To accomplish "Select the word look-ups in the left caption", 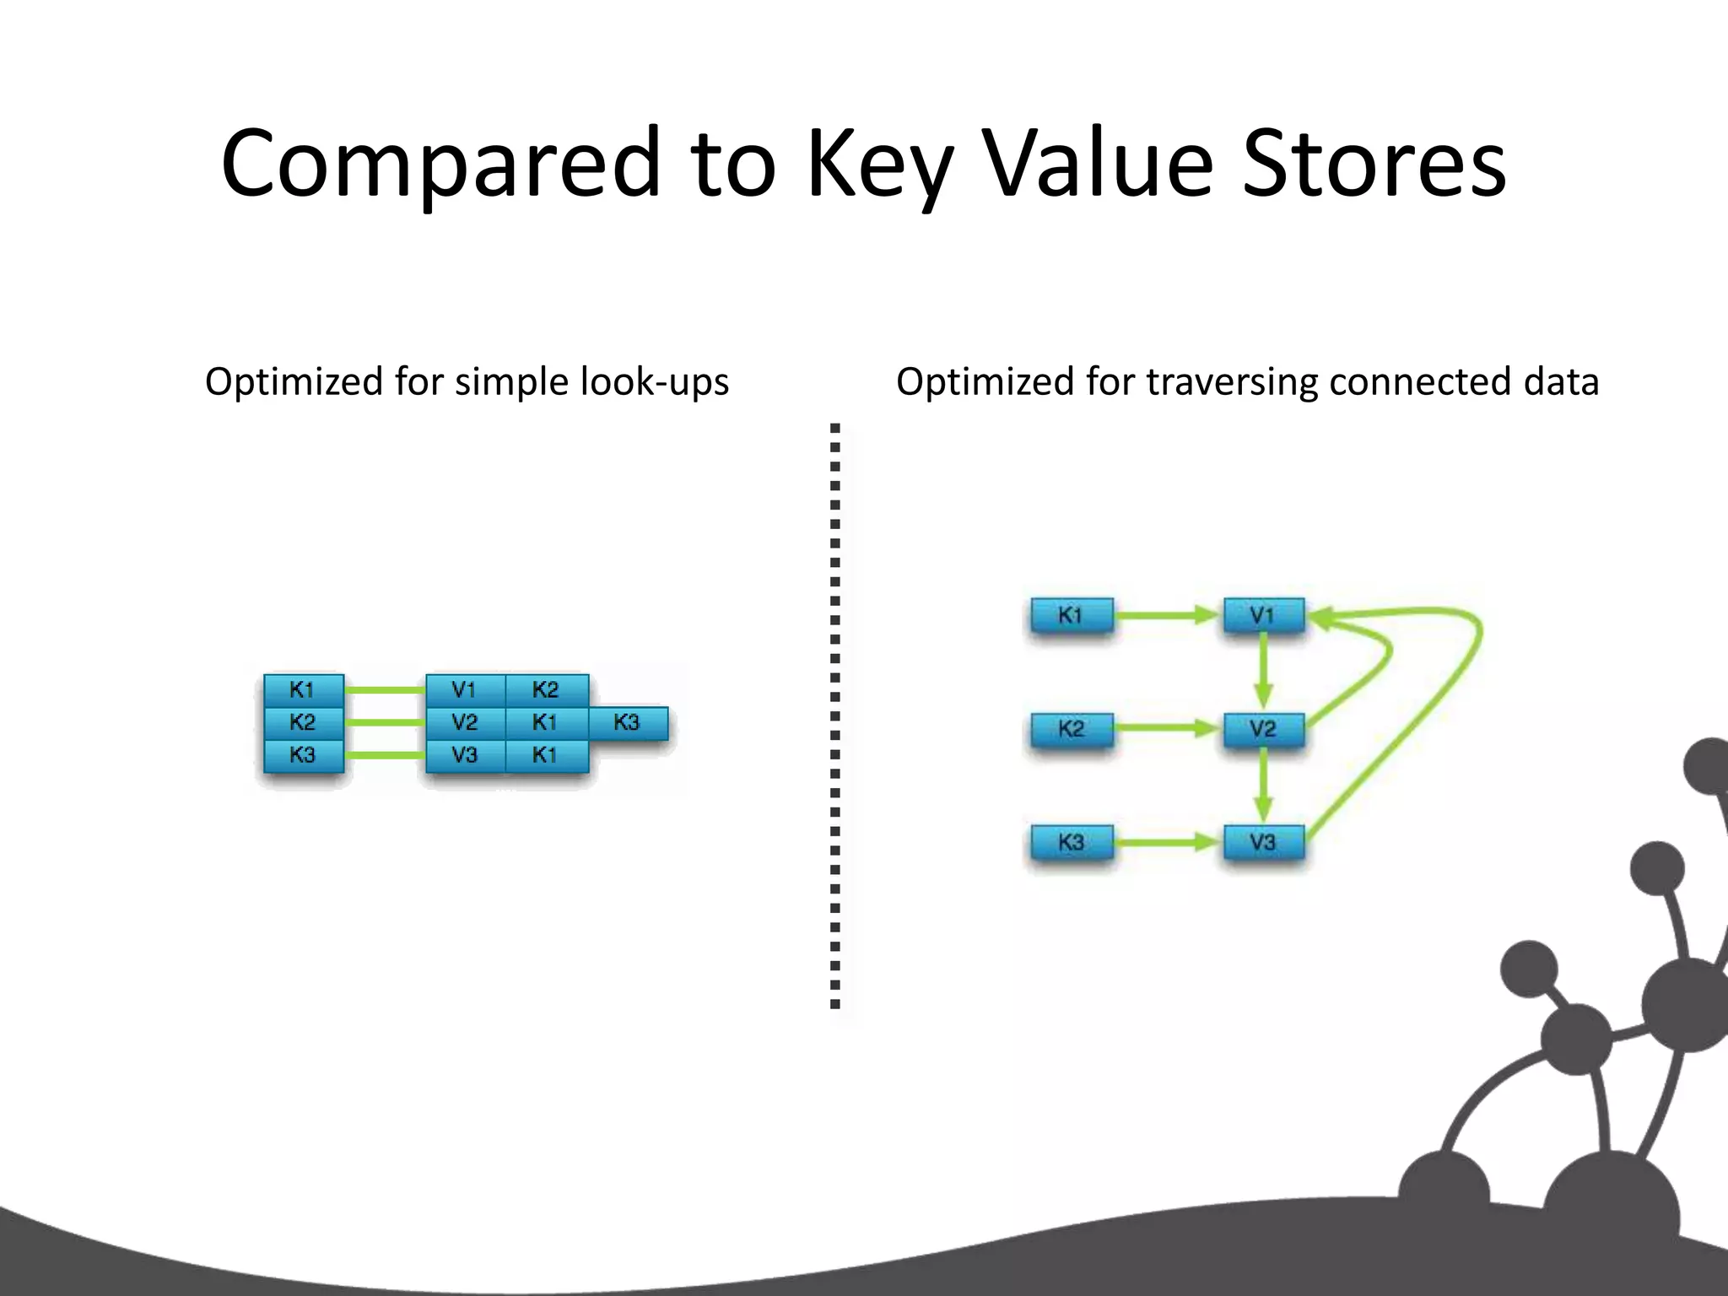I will point(655,382).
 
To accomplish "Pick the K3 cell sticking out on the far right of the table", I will point(627,723).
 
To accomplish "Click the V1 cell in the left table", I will point(465,690).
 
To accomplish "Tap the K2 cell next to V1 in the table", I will point(546,690).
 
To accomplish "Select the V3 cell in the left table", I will point(465,755).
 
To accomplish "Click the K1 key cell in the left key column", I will point(303,690).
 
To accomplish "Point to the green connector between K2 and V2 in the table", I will point(385,723).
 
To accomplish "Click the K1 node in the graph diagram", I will point(1072,615).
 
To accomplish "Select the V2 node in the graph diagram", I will point(1263,729).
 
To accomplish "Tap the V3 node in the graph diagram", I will point(1263,842).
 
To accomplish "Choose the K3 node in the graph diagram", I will point(1072,842).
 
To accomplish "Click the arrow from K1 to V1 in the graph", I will point(1168,616).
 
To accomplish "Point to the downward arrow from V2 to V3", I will point(1263,785).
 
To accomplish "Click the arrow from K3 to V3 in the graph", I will point(1168,842).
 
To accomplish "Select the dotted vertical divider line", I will point(835,717).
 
